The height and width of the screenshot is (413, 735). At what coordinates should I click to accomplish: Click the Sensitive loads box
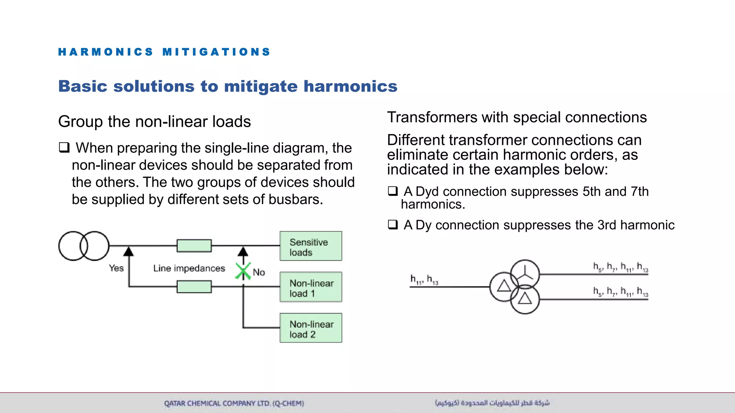coord(311,246)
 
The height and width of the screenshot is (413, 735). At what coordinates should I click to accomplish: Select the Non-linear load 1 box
coord(311,287)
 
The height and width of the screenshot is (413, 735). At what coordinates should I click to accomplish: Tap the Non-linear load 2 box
coord(311,328)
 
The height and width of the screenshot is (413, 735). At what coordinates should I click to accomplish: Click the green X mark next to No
coord(243,271)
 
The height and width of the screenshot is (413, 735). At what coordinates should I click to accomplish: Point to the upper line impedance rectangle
coord(194,246)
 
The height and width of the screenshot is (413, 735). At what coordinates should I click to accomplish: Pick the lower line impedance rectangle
coord(194,287)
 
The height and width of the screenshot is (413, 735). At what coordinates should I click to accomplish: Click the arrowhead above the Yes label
coord(128,251)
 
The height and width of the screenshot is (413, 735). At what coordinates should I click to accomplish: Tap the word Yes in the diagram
coord(116,268)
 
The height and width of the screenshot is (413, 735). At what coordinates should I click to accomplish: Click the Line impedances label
coord(189,269)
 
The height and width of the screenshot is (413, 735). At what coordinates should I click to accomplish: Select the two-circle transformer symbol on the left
coord(84,246)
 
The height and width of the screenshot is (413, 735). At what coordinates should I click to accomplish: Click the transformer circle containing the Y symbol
coord(525,274)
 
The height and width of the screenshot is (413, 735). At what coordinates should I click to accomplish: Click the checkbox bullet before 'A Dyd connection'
coord(393,191)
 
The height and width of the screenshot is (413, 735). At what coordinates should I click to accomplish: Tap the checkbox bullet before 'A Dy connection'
coord(393,225)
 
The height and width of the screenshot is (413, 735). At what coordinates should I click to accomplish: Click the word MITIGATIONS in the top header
coord(216,52)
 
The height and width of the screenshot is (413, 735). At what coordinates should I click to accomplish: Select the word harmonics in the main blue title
coord(350,86)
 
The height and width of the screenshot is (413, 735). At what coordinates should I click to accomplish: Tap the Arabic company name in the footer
coord(492,403)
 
